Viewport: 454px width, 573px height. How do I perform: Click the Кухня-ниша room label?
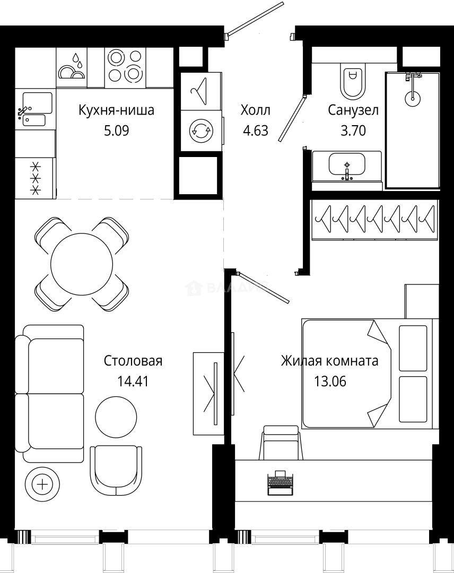tap(116, 110)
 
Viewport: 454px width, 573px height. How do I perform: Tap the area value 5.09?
tap(117, 130)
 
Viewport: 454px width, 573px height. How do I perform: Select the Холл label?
tap(255, 110)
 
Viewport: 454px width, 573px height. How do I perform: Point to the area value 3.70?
tap(353, 130)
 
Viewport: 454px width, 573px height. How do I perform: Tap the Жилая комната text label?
tap(329, 361)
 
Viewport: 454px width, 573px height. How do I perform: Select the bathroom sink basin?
tap(347, 163)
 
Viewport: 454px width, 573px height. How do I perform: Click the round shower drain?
tap(412, 98)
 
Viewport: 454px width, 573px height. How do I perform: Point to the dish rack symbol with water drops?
tap(72, 67)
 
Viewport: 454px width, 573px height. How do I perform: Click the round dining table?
tap(81, 264)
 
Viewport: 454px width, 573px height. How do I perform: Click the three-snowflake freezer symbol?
tap(36, 178)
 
